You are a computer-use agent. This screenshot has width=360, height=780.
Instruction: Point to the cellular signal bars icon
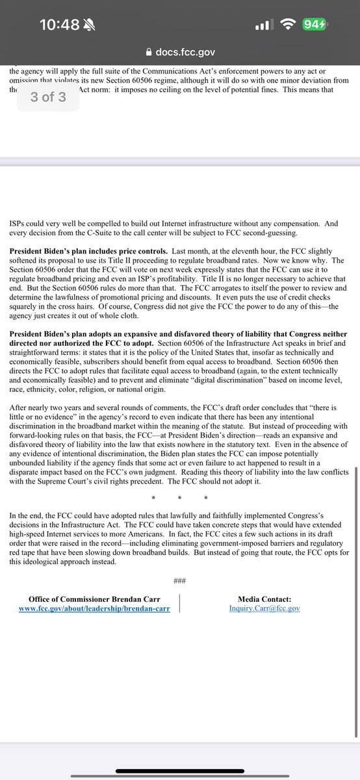[262, 25]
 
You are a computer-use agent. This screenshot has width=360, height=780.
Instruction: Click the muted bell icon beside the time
[90, 25]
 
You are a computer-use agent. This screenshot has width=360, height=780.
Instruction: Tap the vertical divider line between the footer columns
[179, 603]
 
